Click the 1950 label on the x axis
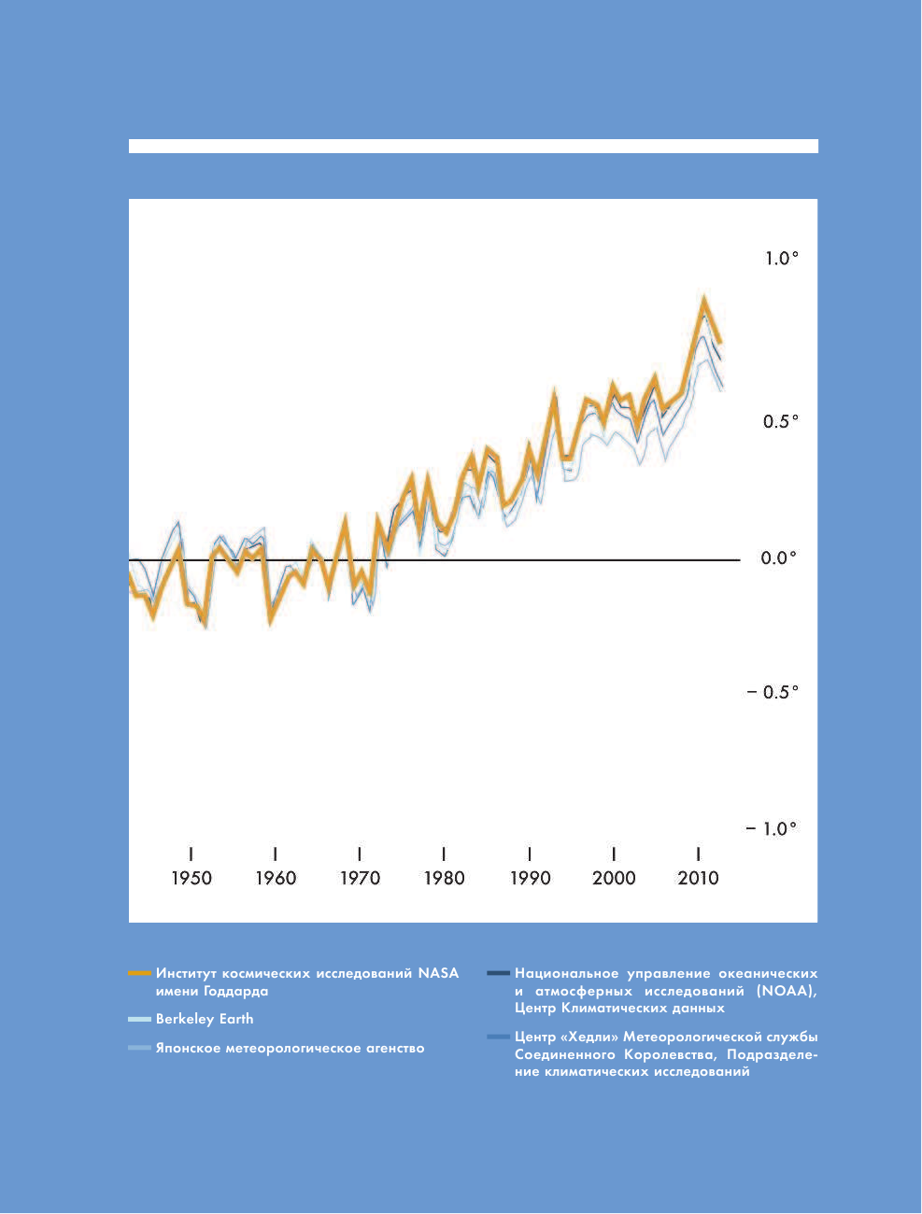191,878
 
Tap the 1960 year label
276,878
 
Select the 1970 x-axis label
360,878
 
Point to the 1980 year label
444,878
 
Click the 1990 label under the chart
530,878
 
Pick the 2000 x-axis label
614,878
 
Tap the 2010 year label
698,878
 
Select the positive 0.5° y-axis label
781,421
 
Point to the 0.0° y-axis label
779,558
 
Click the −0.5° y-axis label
773,692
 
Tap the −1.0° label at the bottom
772,828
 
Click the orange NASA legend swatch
139,973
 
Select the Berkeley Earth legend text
205,1019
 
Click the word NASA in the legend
438,973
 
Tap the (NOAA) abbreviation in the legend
786,991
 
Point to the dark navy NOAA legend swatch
498,973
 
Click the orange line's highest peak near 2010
703,299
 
